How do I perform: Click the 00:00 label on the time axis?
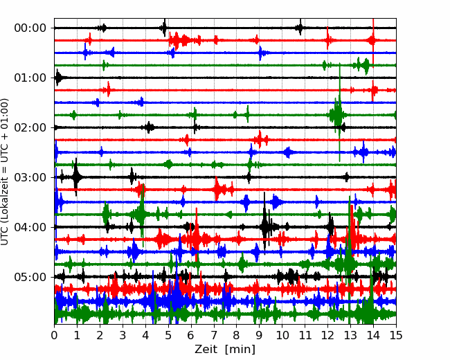click(x=30, y=28)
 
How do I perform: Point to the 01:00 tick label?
click(x=30, y=78)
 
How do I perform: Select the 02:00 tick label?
click(x=30, y=127)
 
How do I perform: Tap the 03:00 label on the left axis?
click(x=30, y=177)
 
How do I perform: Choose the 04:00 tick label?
click(x=30, y=227)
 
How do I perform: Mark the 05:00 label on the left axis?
click(x=30, y=277)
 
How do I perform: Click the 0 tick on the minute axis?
click(x=54, y=335)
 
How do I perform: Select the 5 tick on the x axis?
click(x=168, y=335)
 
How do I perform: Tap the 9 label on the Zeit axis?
click(x=260, y=335)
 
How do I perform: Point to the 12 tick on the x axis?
click(x=327, y=335)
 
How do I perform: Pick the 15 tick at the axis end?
click(x=396, y=335)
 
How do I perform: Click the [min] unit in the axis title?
click(x=240, y=350)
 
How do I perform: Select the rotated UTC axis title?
click(x=4, y=172)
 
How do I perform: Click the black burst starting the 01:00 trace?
click(x=59, y=78)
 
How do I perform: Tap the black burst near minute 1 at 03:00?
click(x=76, y=177)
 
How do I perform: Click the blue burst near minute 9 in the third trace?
click(x=261, y=53)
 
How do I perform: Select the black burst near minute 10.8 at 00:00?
click(x=300, y=28)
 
